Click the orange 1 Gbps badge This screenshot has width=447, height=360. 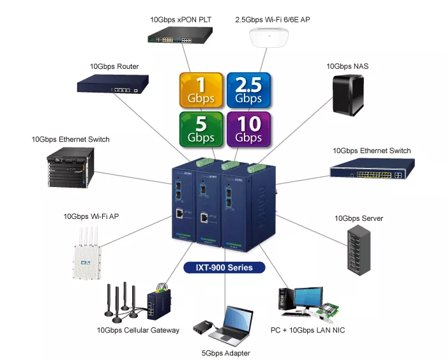(x=201, y=91)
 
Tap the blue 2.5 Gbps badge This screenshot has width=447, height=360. (x=248, y=91)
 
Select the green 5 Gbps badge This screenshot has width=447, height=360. (x=201, y=130)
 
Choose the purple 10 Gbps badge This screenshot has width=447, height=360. (x=248, y=130)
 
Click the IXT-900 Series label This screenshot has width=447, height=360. (x=223, y=267)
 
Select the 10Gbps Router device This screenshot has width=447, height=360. (x=114, y=85)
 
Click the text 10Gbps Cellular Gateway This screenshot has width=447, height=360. (x=138, y=330)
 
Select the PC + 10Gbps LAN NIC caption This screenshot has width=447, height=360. (x=308, y=330)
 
